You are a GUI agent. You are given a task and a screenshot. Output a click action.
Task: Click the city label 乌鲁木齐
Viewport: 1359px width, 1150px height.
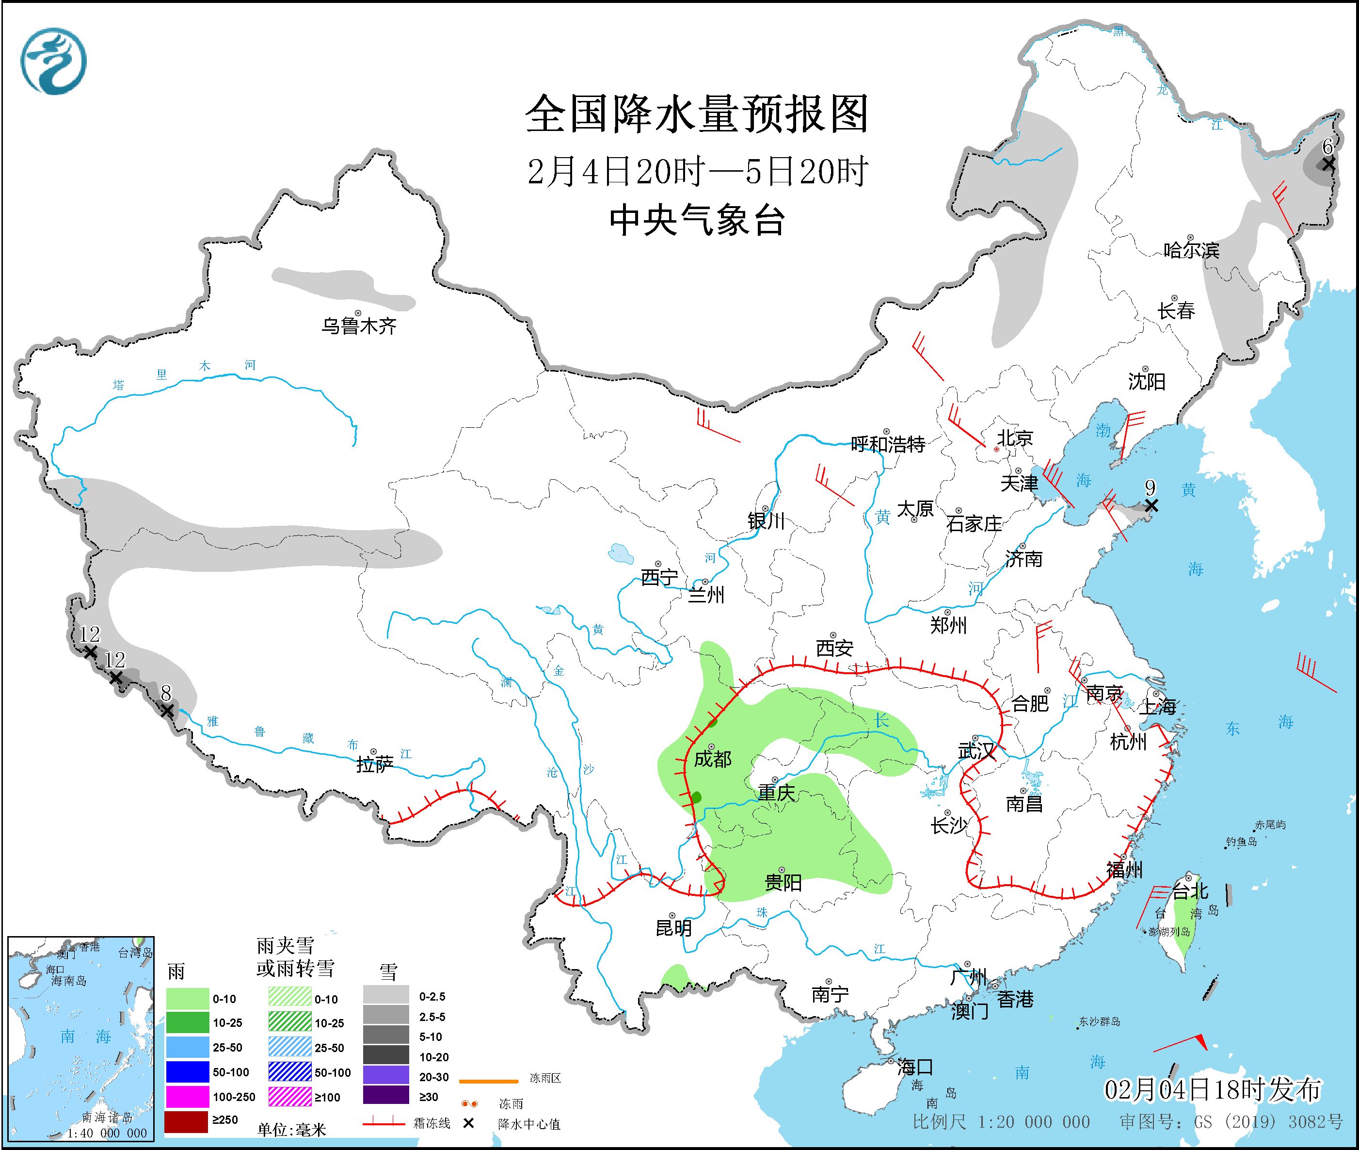[x=358, y=326]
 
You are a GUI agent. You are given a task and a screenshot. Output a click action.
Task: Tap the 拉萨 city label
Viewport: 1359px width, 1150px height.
[x=375, y=765]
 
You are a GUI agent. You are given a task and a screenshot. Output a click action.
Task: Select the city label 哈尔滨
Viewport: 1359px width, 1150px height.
[x=1191, y=250]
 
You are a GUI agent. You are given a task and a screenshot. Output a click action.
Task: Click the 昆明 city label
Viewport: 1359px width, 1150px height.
[x=673, y=928]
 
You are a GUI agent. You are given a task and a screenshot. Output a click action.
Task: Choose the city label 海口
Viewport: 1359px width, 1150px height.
[x=915, y=1067]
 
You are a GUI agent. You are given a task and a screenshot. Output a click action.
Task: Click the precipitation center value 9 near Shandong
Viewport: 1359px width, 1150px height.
[x=1151, y=487]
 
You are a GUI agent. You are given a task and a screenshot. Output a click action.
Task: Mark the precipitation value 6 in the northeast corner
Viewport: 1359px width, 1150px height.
[x=1327, y=146]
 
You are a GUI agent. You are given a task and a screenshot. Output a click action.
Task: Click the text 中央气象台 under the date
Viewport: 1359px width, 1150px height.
[x=697, y=220]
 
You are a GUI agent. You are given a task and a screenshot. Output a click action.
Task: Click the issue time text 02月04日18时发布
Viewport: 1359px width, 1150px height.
[x=1213, y=1089]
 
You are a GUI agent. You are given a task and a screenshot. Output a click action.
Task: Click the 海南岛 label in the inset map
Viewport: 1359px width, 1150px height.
[x=69, y=981]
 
